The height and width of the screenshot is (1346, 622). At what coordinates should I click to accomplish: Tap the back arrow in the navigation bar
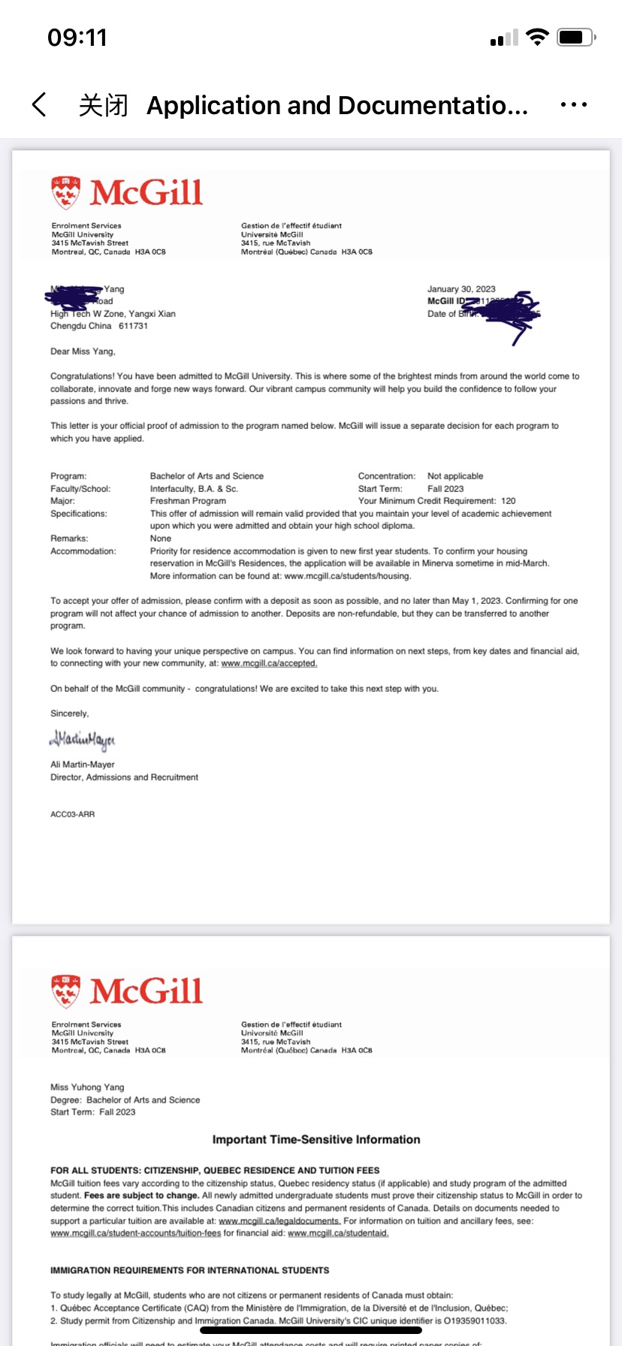pyautogui.click(x=40, y=105)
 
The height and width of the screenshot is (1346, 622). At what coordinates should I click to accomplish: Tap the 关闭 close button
pyautogui.click(x=103, y=105)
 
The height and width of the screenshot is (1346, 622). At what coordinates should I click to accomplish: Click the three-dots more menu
pyautogui.click(x=573, y=105)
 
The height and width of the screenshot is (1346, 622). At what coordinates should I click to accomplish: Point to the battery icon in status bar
pyautogui.click(x=576, y=37)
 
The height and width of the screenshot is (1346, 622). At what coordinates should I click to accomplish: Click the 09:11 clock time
pyautogui.click(x=77, y=38)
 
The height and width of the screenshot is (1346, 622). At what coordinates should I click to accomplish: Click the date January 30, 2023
pyautogui.click(x=461, y=289)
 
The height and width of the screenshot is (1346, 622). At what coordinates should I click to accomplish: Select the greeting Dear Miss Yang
pyautogui.click(x=83, y=352)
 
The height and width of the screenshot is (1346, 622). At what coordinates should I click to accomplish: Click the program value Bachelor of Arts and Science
pyautogui.click(x=207, y=476)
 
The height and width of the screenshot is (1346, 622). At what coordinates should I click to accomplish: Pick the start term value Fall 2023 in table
pyautogui.click(x=445, y=489)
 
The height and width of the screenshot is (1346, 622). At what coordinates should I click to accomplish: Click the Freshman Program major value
pyautogui.click(x=188, y=501)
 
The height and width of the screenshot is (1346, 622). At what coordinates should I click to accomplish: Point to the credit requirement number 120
pyautogui.click(x=509, y=501)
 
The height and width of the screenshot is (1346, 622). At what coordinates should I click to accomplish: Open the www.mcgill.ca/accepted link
pyautogui.click(x=269, y=664)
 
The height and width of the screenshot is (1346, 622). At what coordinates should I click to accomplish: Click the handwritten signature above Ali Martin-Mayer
pyautogui.click(x=83, y=740)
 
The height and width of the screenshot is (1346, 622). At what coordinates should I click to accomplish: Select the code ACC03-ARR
pyautogui.click(x=72, y=814)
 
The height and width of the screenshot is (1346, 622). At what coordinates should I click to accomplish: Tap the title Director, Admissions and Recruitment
pyautogui.click(x=124, y=777)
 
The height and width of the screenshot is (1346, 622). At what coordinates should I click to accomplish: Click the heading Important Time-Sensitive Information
pyautogui.click(x=316, y=1139)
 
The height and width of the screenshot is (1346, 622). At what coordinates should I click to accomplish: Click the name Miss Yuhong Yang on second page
pyautogui.click(x=87, y=1087)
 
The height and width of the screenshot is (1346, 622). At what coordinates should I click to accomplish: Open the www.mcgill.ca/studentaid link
pyautogui.click(x=338, y=1233)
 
